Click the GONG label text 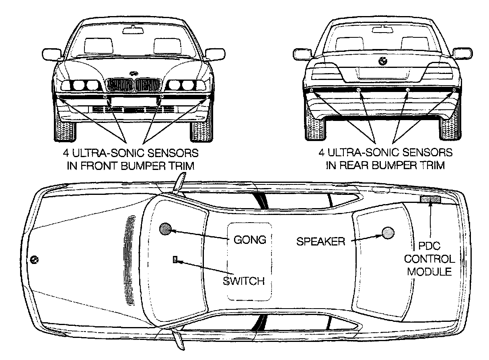250,240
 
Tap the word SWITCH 244,281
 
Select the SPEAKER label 321,241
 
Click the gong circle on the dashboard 165,229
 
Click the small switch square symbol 175,260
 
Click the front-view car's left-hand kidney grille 120,86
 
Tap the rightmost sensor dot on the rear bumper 454,89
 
